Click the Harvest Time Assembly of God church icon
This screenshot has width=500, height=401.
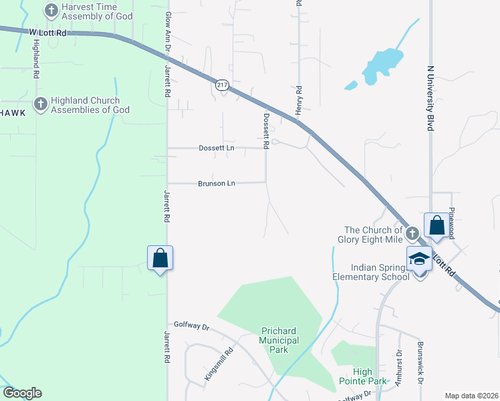point(51,11)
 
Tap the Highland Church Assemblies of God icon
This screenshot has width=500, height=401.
point(40,104)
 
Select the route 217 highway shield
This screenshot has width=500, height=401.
point(222,84)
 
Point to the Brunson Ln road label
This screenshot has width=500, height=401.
point(217,183)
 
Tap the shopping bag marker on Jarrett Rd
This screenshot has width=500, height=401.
point(160,258)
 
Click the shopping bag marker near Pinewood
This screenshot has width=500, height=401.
point(436,225)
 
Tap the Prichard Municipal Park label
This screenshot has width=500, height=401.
point(280,340)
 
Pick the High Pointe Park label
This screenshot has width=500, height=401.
point(372,376)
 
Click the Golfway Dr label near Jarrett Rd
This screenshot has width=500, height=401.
point(192,327)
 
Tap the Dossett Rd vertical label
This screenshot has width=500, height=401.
point(265,130)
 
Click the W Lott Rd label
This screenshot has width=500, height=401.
point(48,31)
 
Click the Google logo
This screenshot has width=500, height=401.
point(22,393)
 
